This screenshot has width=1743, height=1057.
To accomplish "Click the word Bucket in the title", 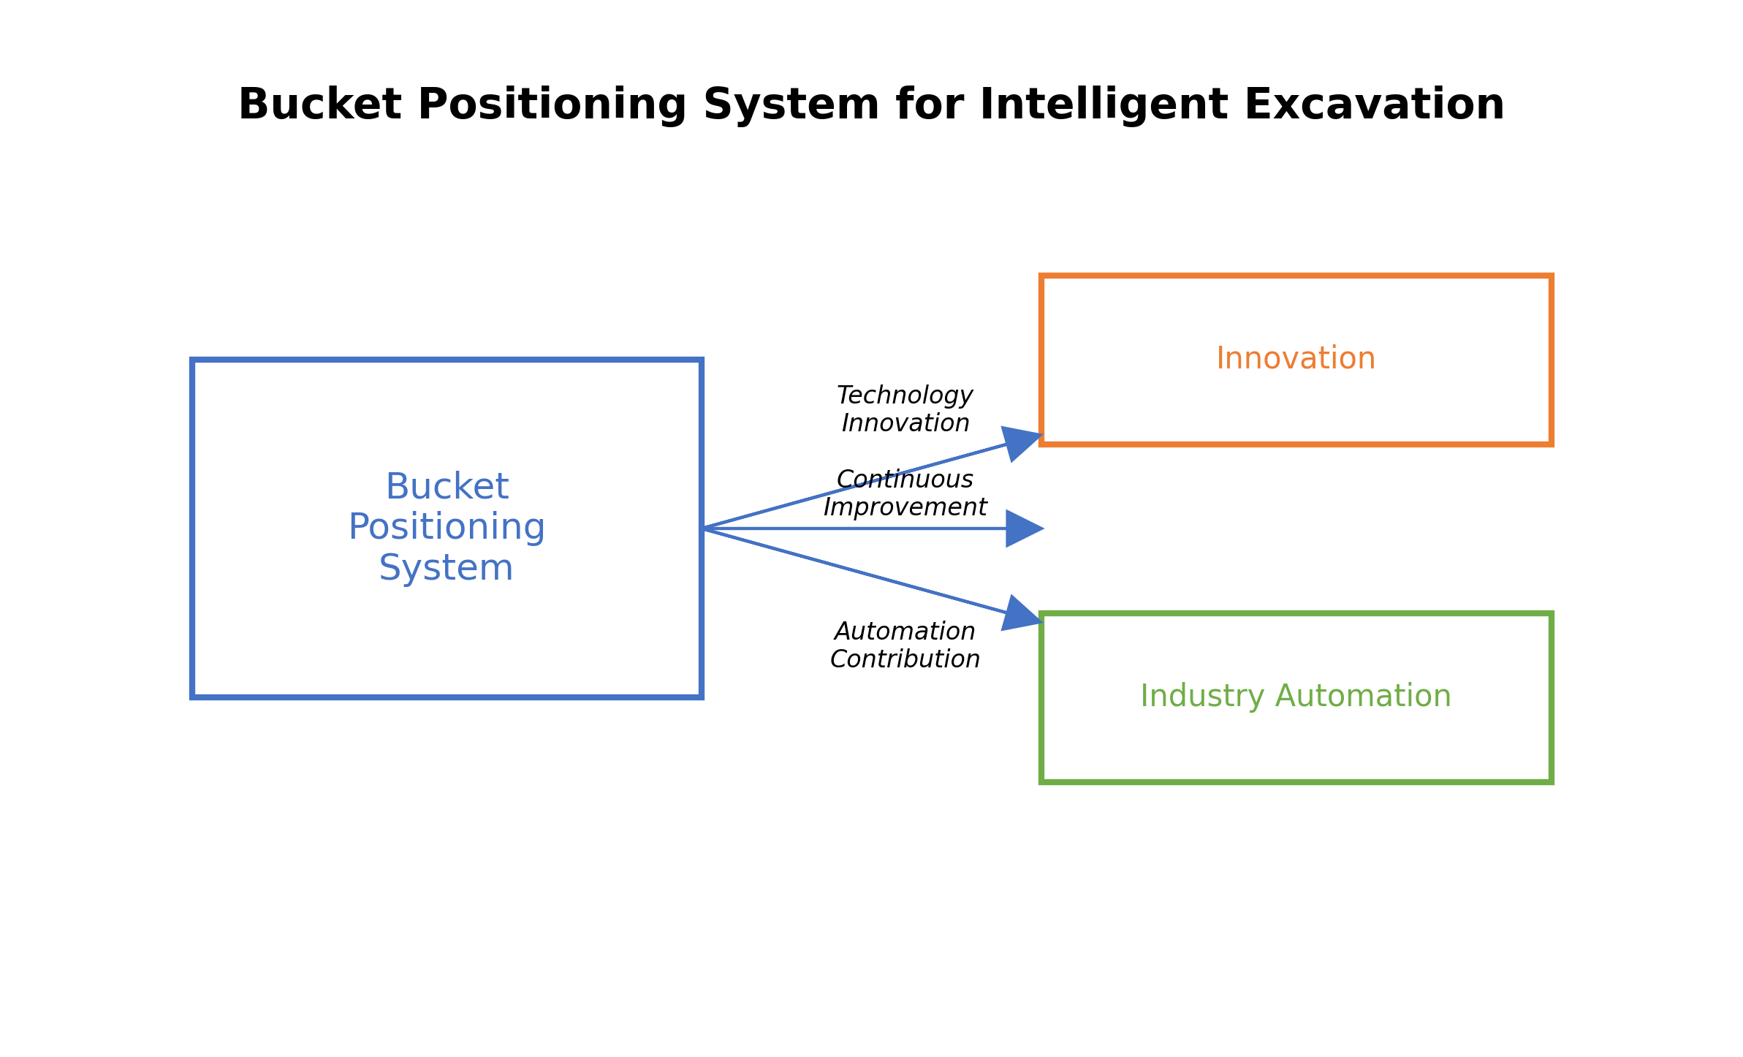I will click(319, 105).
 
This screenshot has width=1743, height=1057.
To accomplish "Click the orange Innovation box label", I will click(1295, 359).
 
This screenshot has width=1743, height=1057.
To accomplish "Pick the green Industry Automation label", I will click(1295, 697).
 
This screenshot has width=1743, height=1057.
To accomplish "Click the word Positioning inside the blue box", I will click(447, 527).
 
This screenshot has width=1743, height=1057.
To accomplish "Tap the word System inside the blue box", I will click(446, 568).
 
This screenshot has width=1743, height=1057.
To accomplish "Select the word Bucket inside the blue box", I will click(447, 487).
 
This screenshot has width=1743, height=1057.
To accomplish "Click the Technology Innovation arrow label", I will click(905, 409).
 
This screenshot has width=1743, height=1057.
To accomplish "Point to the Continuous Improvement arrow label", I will click(905, 493).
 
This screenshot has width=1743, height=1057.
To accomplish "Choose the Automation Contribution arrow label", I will click(905, 645).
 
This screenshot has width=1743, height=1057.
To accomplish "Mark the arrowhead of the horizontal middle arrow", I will click(1023, 528).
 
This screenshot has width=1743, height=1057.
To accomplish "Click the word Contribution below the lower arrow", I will click(905, 659).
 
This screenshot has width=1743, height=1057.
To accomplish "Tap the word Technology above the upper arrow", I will click(905, 395).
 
